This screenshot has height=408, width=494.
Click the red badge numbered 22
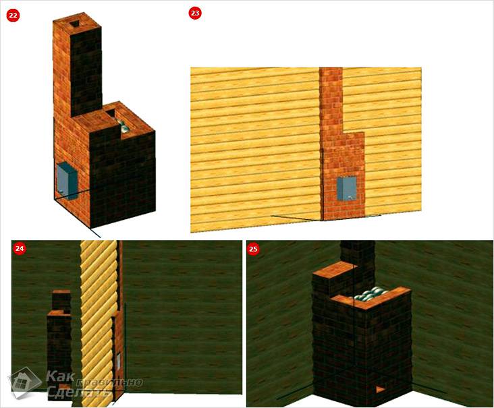13,16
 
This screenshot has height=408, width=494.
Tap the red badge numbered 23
195,13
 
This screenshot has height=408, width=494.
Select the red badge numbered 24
20,248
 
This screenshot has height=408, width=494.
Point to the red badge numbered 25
253,249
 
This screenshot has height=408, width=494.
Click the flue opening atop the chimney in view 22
75,24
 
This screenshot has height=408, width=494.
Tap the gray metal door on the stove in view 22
67,181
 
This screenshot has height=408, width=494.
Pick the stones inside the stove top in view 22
123,126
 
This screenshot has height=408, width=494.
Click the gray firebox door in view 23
347,189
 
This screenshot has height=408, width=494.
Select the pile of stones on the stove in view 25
371,295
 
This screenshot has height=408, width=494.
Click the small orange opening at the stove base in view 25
380,389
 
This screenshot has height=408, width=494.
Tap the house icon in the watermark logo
24,382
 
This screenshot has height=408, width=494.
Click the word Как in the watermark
61,376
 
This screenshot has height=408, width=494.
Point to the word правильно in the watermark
109,382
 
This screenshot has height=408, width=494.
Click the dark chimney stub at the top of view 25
358,252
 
